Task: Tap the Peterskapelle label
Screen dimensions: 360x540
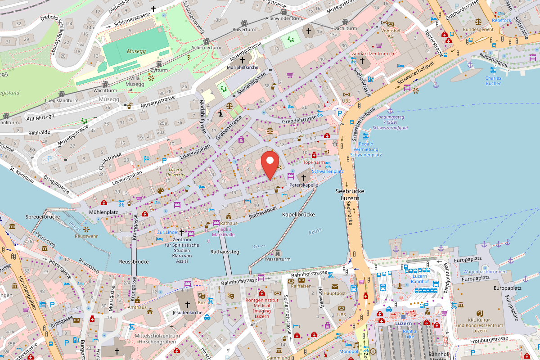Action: (303, 185)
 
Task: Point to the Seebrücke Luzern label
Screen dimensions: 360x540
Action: (350, 194)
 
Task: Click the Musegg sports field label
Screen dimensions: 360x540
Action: (136, 51)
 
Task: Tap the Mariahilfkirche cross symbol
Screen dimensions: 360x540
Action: (243, 60)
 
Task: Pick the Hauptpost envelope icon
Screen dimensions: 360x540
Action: (334, 286)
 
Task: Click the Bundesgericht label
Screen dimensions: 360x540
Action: (478, 29)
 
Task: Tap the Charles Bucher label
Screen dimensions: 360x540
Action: (493, 80)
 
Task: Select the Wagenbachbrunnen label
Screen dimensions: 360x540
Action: (485, 272)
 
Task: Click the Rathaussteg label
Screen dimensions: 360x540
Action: (225, 252)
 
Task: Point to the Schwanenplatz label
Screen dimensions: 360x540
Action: (328, 171)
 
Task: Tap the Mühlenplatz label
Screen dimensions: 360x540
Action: (103, 211)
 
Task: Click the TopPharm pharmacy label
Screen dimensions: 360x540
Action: (314, 162)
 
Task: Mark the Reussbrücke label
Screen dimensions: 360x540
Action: (134, 261)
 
